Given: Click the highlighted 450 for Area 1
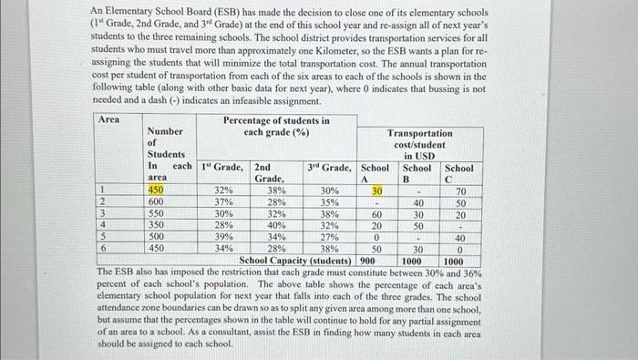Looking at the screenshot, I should (157, 190).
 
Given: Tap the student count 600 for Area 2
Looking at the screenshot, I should (157, 201).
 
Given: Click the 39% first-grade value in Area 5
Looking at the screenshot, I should (222, 236).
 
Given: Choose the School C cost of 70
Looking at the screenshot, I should (460, 190).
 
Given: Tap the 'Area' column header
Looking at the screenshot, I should (108, 120).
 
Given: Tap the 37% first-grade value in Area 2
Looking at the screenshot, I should (222, 201).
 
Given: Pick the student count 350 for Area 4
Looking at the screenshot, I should (157, 225).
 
